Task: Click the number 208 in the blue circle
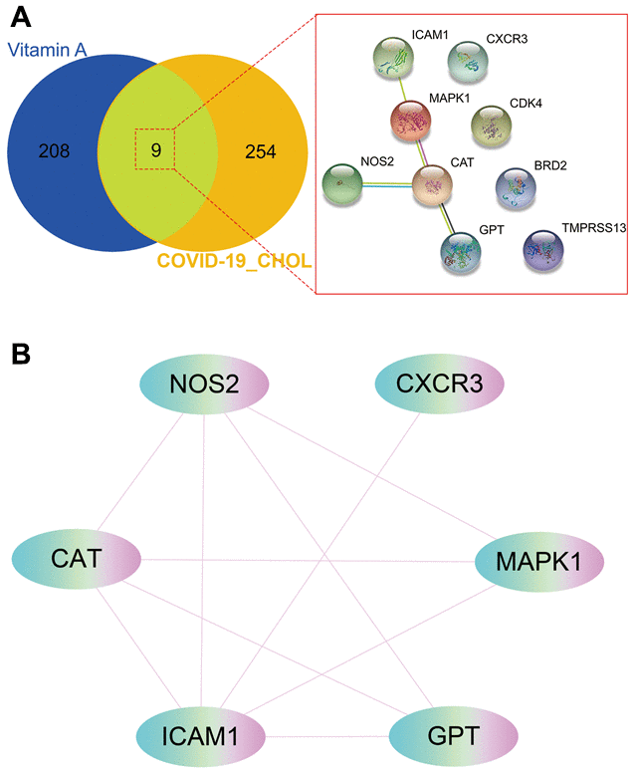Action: [55, 152]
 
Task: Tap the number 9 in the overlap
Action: [156, 152]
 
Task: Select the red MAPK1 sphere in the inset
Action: [409, 121]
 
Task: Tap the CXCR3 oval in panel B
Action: [439, 384]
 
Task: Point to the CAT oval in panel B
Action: [77, 557]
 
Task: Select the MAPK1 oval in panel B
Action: [538, 559]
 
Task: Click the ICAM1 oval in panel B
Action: [200, 735]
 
